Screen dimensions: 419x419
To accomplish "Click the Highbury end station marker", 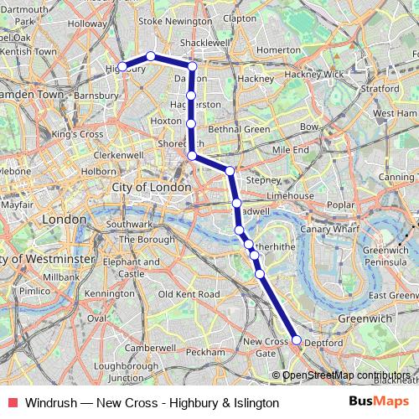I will tap(122, 66).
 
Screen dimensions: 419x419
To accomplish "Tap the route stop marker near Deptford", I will tap(296, 339).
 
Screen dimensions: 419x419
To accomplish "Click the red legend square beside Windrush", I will tap(11, 403).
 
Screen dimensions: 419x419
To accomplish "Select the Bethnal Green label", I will tap(238, 130).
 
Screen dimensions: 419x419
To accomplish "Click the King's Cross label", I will tap(77, 134).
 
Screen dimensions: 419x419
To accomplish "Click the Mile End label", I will tap(290, 149).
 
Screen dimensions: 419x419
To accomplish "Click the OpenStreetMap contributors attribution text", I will tap(346, 375).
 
